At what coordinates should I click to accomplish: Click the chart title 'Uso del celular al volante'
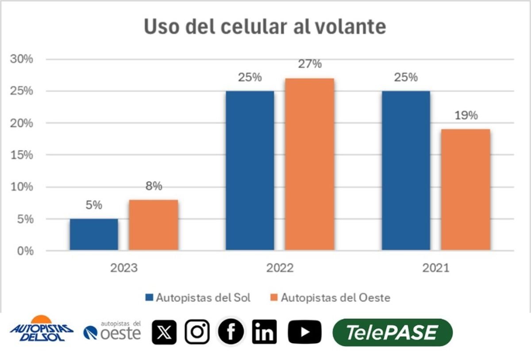click(x=265, y=27)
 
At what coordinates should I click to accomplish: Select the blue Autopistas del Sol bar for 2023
click(x=94, y=234)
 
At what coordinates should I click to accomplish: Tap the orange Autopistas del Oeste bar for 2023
click(x=154, y=225)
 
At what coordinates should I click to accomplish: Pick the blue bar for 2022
click(x=250, y=170)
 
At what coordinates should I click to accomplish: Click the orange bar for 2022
click(x=309, y=164)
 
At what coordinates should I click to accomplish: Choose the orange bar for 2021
click(x=466, y=190)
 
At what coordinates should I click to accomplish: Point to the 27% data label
click(x=309, y=64)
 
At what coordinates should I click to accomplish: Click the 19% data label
click(x=466, y=116)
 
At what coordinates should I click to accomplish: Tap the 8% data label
click(x=154, y=186)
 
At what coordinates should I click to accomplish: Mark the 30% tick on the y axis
click(x=22, y=59)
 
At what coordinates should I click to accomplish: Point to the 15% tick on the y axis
click(x=22, y=155)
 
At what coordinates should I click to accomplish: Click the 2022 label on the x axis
click(x=280, y=268)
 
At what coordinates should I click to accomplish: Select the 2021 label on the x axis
click(x=435, y=268)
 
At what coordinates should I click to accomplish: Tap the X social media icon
click(x=164, y=332)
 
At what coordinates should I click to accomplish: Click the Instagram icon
click(x=197, y=332)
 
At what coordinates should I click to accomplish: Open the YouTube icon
click(x=304, y=332)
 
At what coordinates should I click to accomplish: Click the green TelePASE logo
click(x=392, y=332)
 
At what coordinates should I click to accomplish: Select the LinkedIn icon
click(x=264, y=332)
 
